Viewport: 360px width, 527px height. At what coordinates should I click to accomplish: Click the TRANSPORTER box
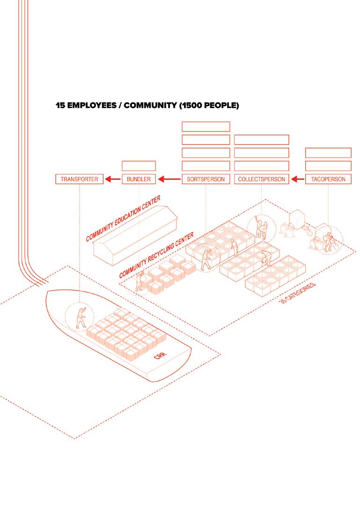tap(79, 179)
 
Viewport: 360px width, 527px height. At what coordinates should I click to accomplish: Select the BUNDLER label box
tap(139, 179)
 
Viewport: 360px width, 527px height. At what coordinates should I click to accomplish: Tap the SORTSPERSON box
tap(206, 179)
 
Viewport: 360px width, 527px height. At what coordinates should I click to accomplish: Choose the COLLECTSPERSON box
tap(261, 179)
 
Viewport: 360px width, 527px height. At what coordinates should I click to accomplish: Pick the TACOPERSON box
tap(328, 179)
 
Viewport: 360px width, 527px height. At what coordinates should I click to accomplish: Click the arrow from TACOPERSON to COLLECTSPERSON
tap(297, 179)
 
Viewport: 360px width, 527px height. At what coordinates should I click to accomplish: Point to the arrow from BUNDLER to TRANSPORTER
tap(112, 179)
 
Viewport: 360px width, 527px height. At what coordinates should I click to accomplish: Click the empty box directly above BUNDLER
tap(139, 166)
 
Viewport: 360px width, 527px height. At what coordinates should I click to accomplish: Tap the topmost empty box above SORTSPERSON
tap(206, 126)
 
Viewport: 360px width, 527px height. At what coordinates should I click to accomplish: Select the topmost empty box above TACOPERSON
tap(328, 153)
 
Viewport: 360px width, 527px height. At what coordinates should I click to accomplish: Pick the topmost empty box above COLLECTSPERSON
tap(261, 139)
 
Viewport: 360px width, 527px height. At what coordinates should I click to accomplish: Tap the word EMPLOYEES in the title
tap(89, 106)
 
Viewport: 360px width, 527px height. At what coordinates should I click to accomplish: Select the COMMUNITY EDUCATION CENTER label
tap(124, 219)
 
